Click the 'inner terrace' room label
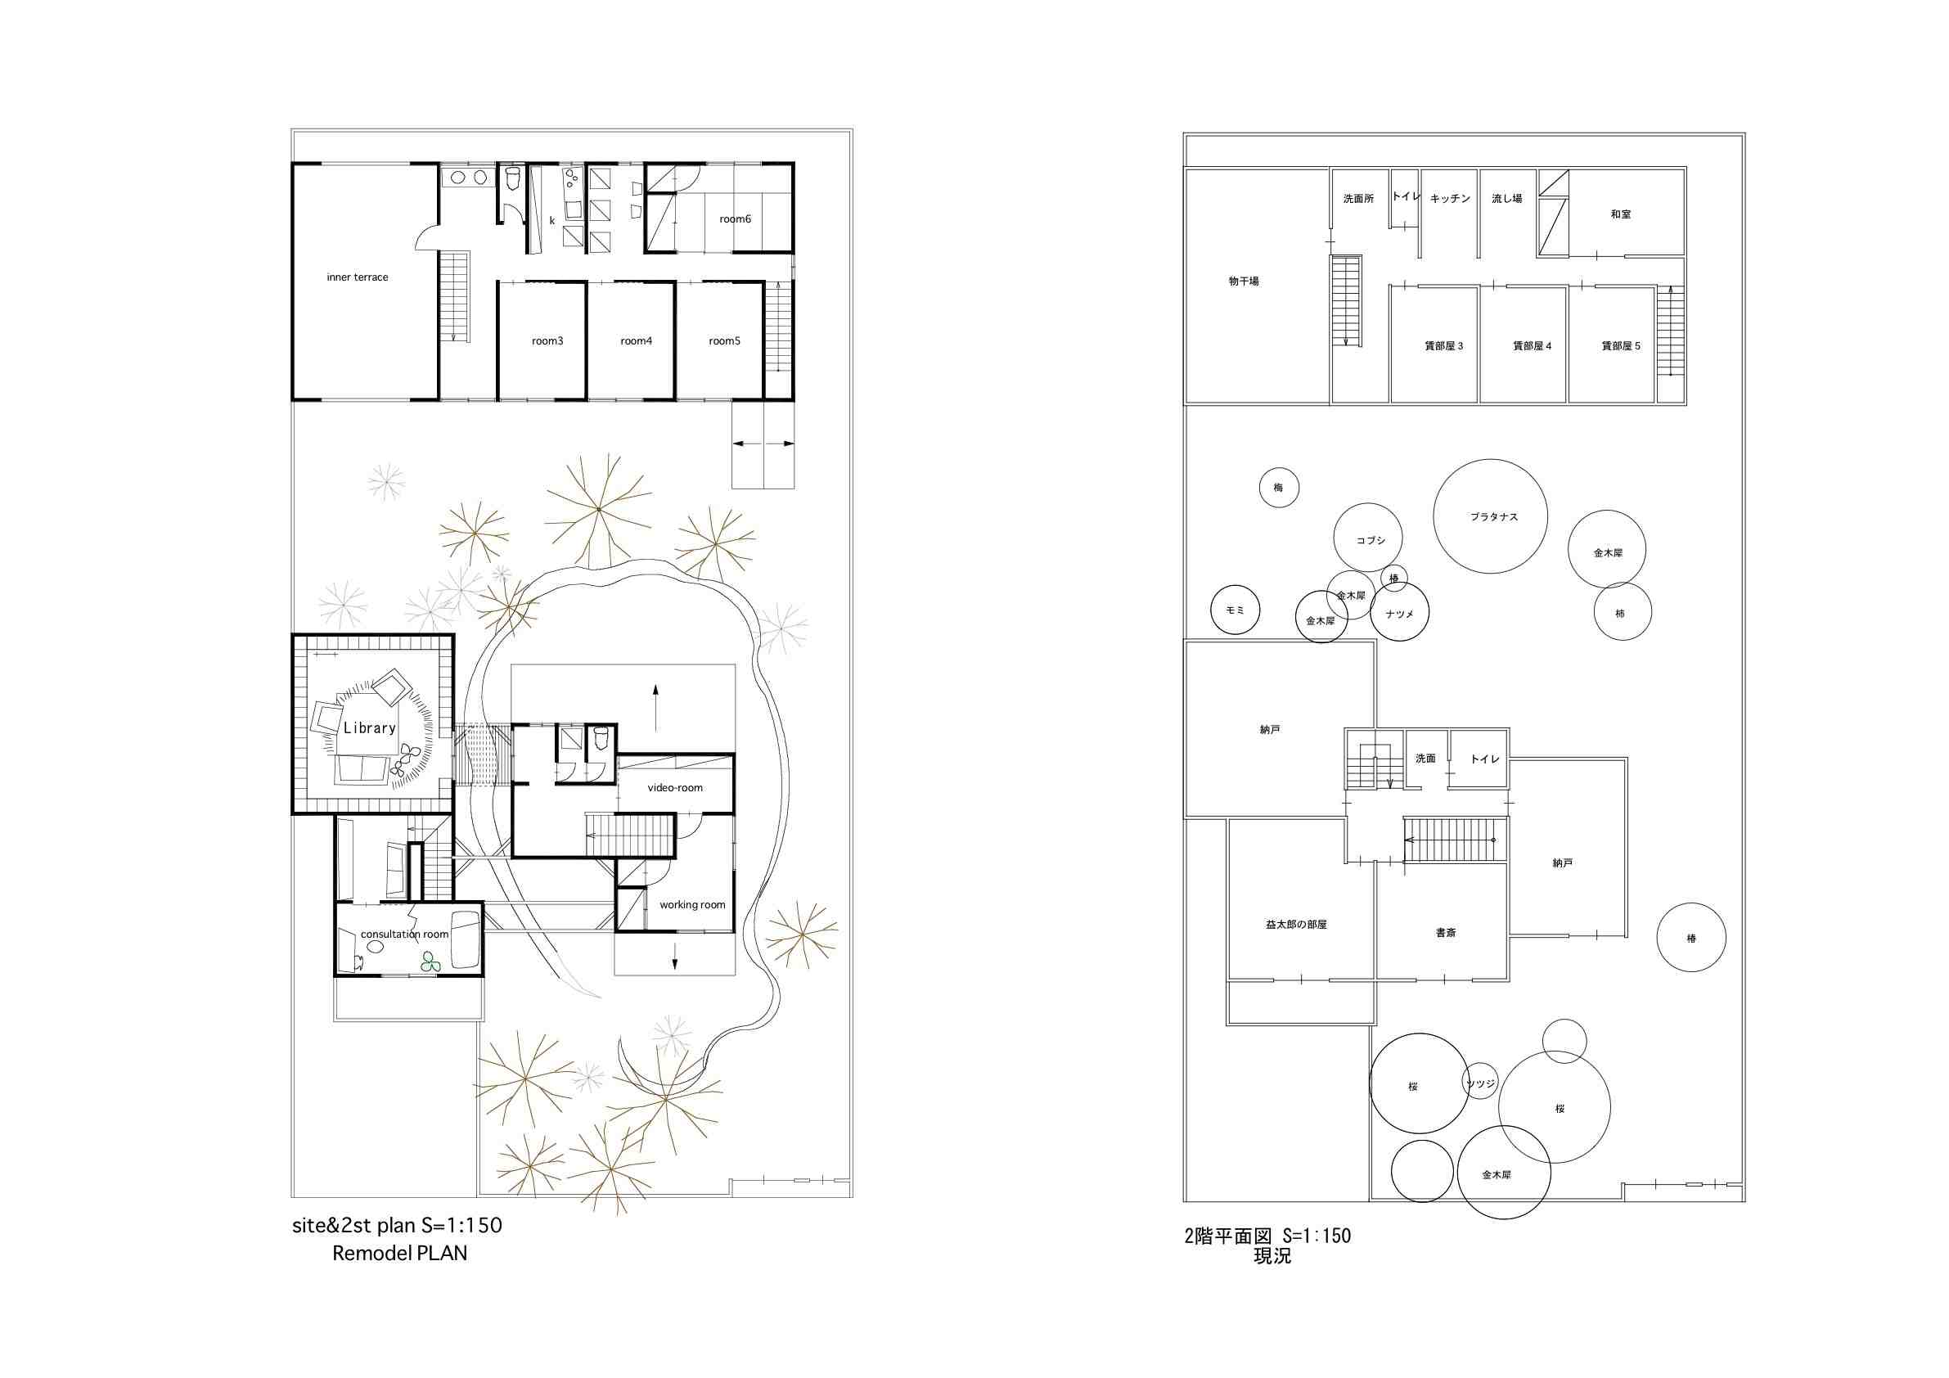coord(358,277)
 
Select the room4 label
coord(636,341)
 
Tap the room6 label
coord(735,219)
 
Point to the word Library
coord(369,727)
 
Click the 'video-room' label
coord(675,788)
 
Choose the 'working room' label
coord(692,905)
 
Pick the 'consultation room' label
coord(404,934)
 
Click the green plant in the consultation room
coord(431,961)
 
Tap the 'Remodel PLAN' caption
coord(399,1253)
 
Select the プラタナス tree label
coord(1494,517)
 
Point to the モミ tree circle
coord(1235,610)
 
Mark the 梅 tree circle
coord(1278,489)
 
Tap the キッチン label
coord(1450,199)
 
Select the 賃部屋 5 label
coord(1621,346)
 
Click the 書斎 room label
coord(1446,932)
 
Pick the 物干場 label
coord(1244,281)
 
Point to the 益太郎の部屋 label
coord(1295,924)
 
